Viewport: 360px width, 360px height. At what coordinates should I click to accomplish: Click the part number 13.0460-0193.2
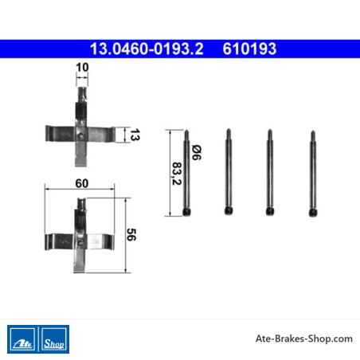click(147, 49)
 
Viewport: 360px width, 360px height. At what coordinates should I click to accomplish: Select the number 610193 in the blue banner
click(249, 49)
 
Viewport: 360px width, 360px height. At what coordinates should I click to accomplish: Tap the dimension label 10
click(82, 67)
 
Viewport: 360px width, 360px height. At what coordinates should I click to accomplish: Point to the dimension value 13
click(135, 135)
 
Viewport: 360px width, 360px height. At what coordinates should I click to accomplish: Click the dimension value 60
click(82, 183)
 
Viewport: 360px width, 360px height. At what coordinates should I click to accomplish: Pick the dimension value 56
click(131, 234)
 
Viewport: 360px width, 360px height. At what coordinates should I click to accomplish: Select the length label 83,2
click(177, 174)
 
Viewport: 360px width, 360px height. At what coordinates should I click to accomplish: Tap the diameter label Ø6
click(197, 152)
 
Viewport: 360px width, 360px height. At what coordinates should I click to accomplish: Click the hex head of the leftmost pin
click(186, 212)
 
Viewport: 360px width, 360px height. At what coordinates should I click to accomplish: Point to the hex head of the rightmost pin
click(313, 213)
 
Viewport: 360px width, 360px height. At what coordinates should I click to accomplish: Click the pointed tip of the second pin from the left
click(229, 130)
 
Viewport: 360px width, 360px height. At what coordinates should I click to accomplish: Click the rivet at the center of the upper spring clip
click(80, 136)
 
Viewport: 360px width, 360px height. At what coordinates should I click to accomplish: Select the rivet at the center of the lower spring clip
click(80, 242)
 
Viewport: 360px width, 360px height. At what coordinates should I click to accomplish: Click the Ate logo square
click(22, 339)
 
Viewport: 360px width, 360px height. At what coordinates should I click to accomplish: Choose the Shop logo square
click(54, 339)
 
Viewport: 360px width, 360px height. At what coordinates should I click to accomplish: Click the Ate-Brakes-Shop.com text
click(304, 338)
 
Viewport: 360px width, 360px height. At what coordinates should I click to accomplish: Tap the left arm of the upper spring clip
click(61, 134)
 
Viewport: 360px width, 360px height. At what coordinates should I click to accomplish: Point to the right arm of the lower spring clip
click(100, 242)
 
